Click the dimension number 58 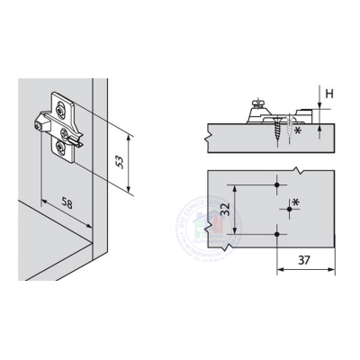pos(67,203)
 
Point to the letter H pos(329,93)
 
